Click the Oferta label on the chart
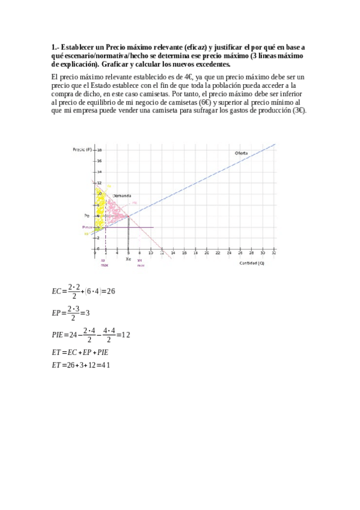pos(241,154)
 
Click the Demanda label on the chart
pos(122,195)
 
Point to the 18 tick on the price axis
pos(99,150)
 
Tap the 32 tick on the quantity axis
pos(274,254)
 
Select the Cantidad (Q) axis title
pos(251,263)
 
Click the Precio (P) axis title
pos(82,149)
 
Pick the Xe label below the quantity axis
pos(128,259)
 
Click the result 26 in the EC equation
pos(111,291)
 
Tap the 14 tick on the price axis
pos(99,171)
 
